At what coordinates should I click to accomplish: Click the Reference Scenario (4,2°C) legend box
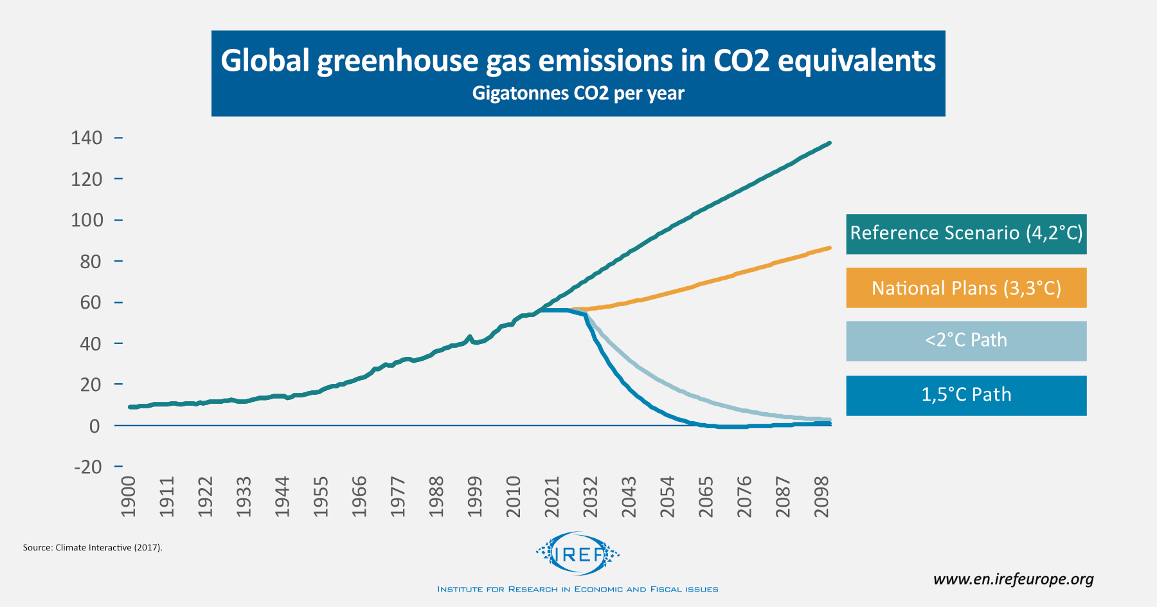tap(965, 234)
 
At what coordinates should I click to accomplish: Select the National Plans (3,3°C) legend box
tap(965, 288)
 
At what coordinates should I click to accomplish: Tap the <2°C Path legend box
tap(965, 341)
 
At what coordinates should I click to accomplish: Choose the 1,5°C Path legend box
tap(965, 395)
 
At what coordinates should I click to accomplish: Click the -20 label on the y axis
tap(88, 467)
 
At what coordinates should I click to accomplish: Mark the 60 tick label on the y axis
tap(91, 302)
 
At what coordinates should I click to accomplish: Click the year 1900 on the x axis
tap(129, 496)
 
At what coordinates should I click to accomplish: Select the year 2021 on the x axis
tap(552, 496)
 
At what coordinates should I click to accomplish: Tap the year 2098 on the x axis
tap(821, 496)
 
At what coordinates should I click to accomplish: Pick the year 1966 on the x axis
tap(359, 496)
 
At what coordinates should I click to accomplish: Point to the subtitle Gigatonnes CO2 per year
tap(578, 94)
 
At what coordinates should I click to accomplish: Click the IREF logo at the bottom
tap(578, 553)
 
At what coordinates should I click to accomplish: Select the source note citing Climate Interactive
tap(93, 548)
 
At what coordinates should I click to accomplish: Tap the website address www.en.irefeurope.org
tap(1013, 579)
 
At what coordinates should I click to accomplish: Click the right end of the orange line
tap(830, 248)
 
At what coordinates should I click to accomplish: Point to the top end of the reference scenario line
tap(830, 143)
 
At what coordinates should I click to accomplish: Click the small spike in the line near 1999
tap(469, 336)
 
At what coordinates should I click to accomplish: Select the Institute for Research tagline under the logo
tap(578, 589)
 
